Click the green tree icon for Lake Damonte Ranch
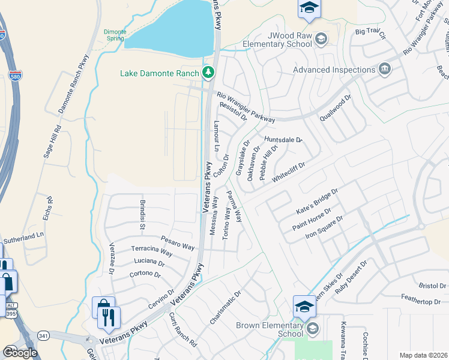[x=208, y=73]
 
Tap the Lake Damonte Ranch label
[x=159, y=74]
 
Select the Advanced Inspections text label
[x=334, y=70]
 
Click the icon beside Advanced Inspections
[x=385, y=70]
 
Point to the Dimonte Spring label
[x=114, y=35]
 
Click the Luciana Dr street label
[x=149, y=263]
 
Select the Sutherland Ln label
[x=25, y=238]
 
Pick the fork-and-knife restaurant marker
[x=109, y=316]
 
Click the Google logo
[x=20, y=353]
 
